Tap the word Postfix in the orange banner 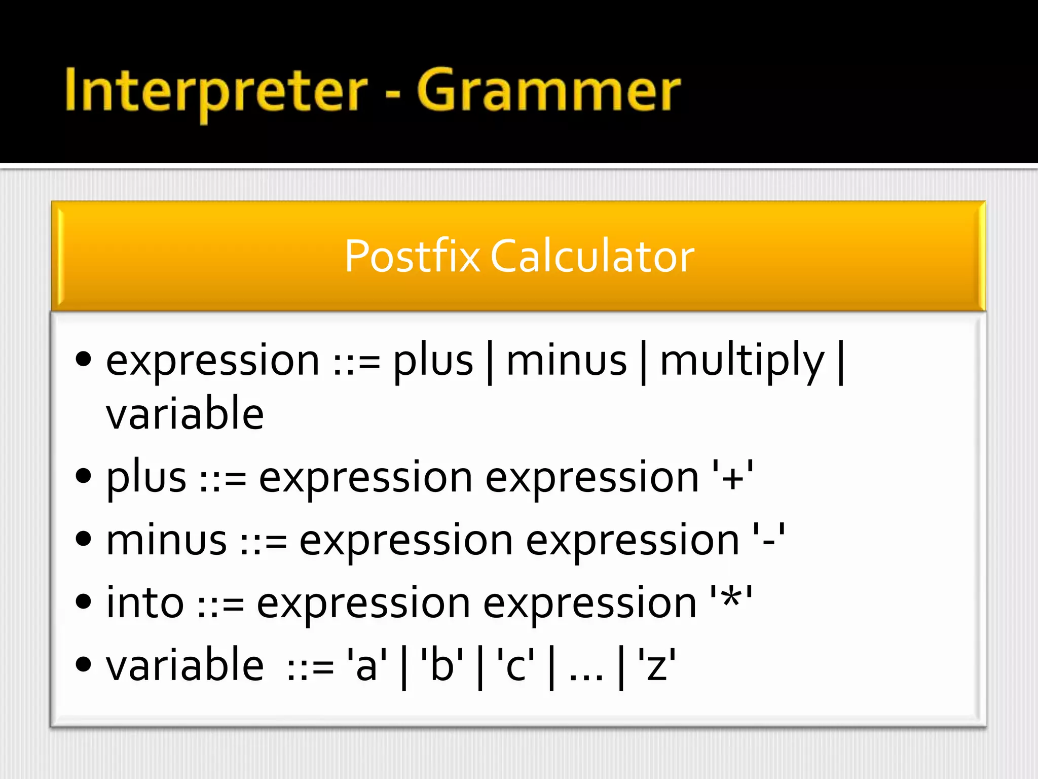(412, 257)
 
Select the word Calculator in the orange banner (592, 257)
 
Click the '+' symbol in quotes (732, 477)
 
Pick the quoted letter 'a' (366, 665)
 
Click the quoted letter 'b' (441, 665)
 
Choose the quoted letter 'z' (657, 665)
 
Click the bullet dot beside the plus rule (83, 476)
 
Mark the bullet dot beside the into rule (83, 602)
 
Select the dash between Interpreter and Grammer (392, 94)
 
